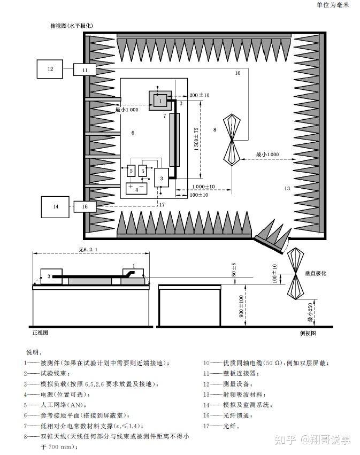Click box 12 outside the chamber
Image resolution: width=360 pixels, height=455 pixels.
pyautogui.click(x=50, y=70)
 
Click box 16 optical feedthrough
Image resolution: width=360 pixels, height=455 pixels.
pyautogui.click(x=85, y=206)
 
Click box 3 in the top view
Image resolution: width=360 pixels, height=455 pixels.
pyautogui.click(x=162, y=177)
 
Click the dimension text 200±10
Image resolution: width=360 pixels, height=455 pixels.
pyautogui.click(x=200, y=95)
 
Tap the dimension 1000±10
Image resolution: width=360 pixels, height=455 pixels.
pyautogui.click(x=204, y=187)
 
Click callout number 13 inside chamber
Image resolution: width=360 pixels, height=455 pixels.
pyautogui.click(x=287, y=188)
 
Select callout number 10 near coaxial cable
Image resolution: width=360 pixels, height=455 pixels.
pyautogui.click(x=238, y=73)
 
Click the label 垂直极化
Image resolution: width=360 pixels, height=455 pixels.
pyautogui.click(x=315, y=273)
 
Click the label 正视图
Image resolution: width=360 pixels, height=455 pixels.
pyautogui.click(x=41, y=333)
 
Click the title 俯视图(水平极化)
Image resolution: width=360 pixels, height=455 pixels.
pyautogui.click(x=72, y=26)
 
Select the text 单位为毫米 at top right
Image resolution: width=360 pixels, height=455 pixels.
pyautogui.click(x=332, y=5)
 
